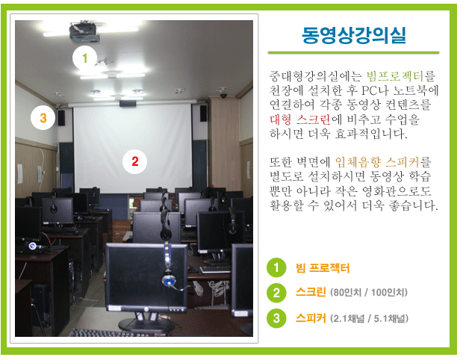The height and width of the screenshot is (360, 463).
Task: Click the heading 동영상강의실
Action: [x=354, y=36]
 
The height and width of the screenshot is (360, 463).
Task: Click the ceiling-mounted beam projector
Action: [x=84, y=32]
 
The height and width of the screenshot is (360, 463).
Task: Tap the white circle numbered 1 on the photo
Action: [x=84, y=58]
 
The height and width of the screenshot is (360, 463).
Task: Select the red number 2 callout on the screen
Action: [x=135, y=161]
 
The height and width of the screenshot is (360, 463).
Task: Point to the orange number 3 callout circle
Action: [x=43, y=118]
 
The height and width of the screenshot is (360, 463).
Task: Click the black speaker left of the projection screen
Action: [x=61, y=118]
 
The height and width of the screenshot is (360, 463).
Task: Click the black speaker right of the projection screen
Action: [x=203, y=114]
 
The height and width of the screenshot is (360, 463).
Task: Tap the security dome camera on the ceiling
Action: [x=224, y=96]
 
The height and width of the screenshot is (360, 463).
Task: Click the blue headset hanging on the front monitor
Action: [x=169, y=266]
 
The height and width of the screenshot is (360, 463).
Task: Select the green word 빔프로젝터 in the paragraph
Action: [x=395, y=76]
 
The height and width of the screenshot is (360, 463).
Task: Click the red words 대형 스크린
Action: [x=300, y=120]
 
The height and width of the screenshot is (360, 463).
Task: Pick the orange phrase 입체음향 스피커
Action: [x=377, y=162]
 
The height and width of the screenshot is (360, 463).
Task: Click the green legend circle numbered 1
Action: [x=276, y=267]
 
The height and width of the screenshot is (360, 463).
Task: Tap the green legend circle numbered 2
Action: [x=276, y=293]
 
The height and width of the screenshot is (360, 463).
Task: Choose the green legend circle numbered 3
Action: [x=276, y=318]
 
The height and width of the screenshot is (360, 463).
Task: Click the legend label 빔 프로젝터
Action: [x=323, y=268]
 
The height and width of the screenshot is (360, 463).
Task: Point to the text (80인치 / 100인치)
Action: [x=369, y=293]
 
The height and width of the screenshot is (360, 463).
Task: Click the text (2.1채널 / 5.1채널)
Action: [x=370, y=319]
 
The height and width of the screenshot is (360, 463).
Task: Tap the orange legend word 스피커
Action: [x=311, y=318]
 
